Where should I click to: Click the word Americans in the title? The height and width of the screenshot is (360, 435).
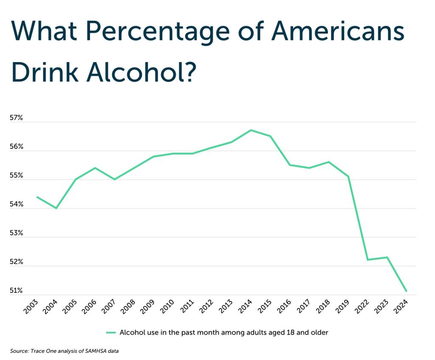[338, 31]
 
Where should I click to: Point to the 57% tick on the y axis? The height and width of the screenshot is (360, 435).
[16, 118]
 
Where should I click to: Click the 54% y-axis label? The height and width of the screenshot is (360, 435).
[16, 205]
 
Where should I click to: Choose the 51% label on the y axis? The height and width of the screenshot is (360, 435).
[16, 291]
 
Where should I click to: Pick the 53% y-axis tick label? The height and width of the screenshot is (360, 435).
[16, 233]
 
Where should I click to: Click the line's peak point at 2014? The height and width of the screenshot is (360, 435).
[251, 130]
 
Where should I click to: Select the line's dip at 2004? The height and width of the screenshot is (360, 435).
[56, 208]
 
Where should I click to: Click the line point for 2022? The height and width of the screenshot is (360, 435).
[367, 260]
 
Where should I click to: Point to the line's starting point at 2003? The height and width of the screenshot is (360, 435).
[37, 197]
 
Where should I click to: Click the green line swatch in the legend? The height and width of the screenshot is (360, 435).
[111, 332]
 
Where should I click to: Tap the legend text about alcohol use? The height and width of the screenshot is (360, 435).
[224, 332]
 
